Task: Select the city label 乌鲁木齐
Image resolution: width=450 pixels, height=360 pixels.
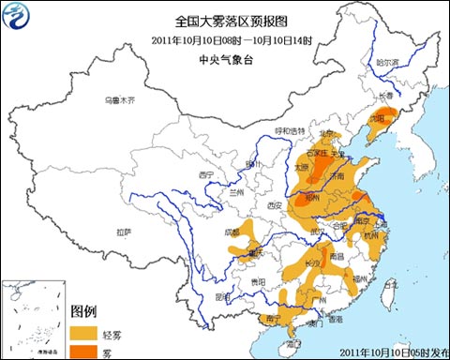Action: coord(119,99)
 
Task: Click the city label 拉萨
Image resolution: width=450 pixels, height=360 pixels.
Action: coord(124,232)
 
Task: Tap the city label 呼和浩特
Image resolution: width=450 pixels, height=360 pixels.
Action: coord(290,130)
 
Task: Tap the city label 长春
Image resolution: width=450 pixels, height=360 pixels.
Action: coord(385,96)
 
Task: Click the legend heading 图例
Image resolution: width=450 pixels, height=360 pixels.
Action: coord(85,311)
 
